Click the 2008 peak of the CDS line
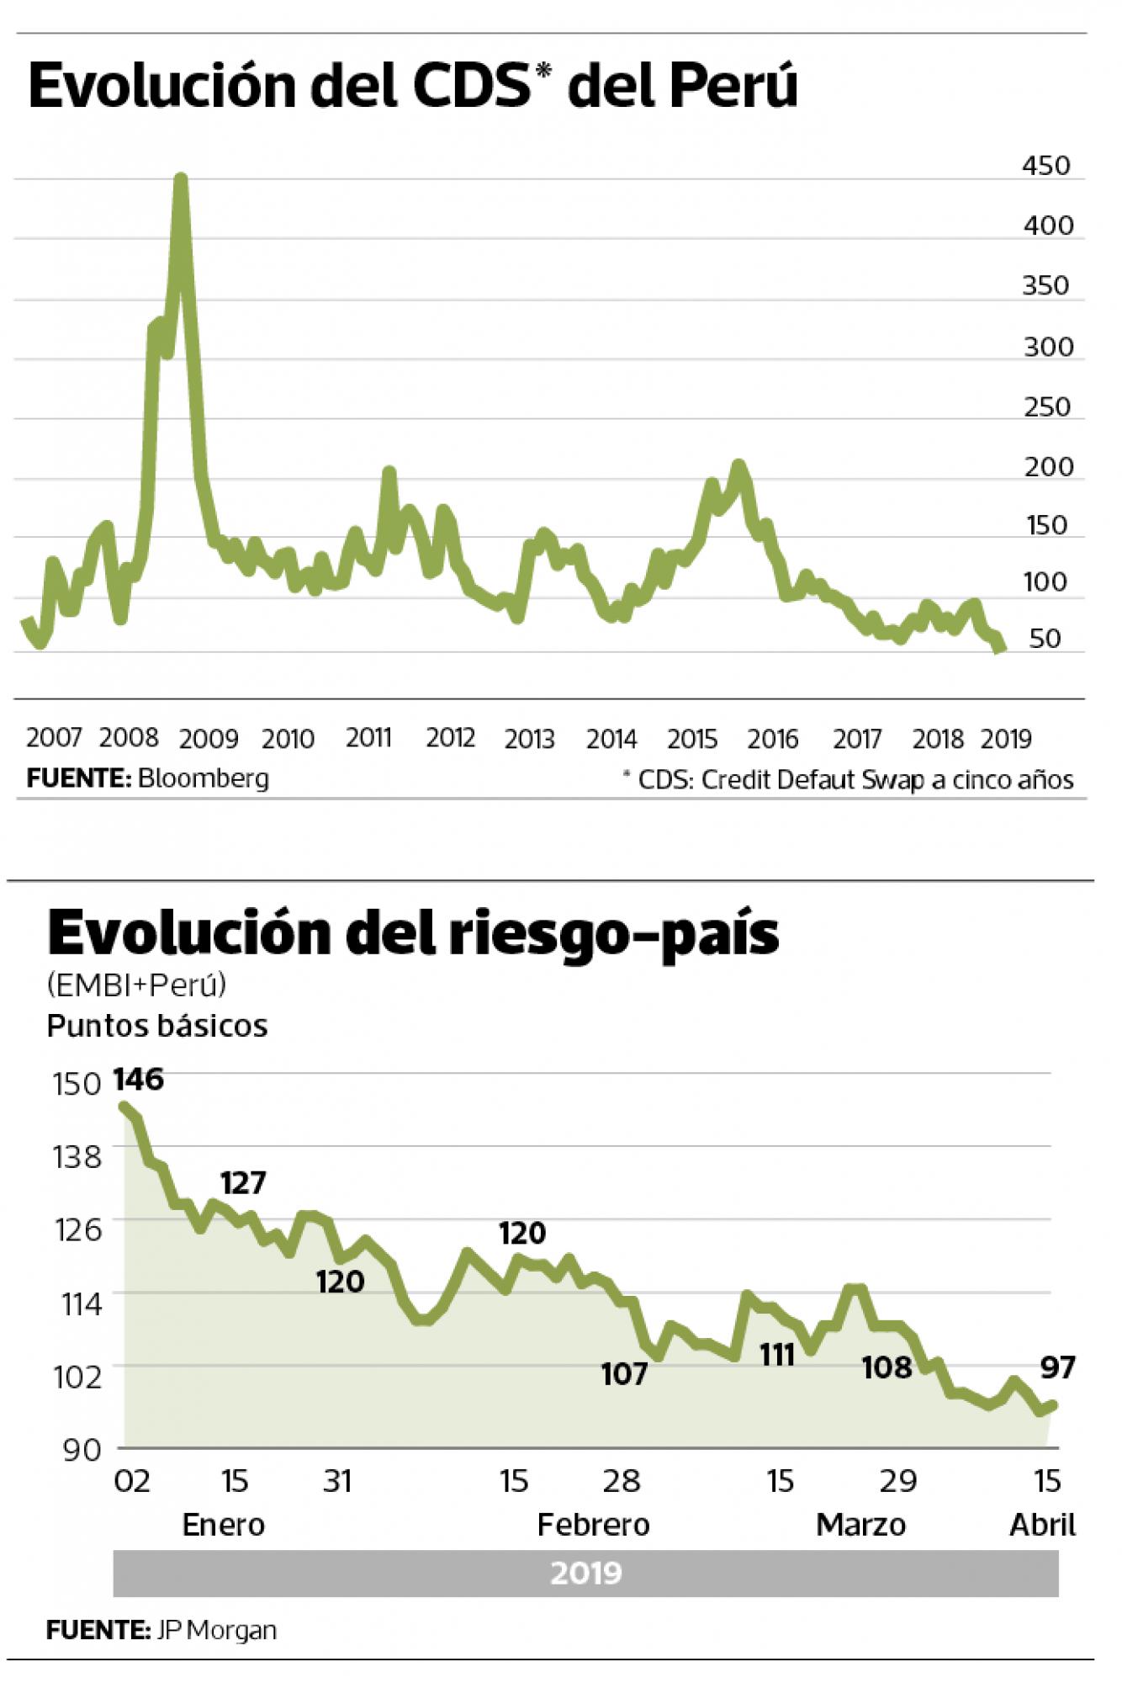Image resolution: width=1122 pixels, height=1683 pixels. (180, 179)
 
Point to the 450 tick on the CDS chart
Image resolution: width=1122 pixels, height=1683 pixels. (1046, 165)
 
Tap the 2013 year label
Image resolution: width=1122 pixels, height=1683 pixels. (529, 739)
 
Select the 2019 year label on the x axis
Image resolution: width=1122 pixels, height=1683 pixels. (1006, 739)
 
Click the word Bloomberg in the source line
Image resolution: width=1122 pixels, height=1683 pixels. (203, 778)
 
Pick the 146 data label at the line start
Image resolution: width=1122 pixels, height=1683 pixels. (138, 1079)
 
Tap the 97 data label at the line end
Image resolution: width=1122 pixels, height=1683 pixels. (1057, 1367)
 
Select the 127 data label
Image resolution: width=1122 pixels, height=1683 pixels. (243, 1183)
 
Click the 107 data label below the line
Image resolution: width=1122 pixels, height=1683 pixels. (624, 1374)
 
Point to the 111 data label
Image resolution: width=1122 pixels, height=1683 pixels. (776, 1356)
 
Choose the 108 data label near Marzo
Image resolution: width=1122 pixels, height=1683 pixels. (886, 1367)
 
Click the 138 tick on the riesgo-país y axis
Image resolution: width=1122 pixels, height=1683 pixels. (77, 1158)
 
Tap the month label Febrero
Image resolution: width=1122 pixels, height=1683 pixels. (593, 1525)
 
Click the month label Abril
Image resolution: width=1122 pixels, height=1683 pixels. (1042, 1525)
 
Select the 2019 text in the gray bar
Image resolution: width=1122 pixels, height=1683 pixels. (586, 1573)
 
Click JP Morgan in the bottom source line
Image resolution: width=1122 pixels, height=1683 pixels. (215, 1631)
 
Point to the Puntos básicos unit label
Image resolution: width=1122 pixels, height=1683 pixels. (157, 1026)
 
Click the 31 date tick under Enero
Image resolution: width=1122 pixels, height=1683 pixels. (336, 1481)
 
